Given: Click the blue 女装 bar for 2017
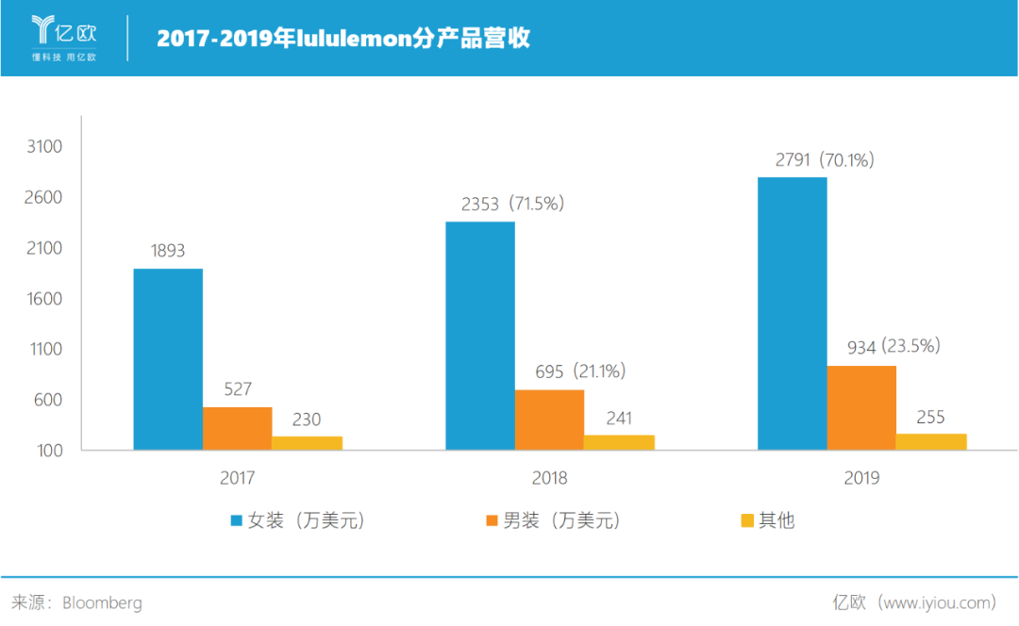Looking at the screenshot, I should point(168,359).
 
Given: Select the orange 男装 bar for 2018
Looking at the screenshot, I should point(549,420).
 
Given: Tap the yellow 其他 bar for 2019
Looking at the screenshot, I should point(931,441).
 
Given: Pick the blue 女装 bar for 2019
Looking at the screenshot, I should point(793,313).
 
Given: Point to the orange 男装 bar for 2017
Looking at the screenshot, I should point(237,428).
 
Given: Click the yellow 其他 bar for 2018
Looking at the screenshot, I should point(619,442).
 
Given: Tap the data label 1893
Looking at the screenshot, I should point(168,251).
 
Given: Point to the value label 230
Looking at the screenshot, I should point(306,420).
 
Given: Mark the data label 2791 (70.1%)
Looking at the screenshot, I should point(825,160).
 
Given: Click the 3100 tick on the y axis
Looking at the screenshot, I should point(45,147).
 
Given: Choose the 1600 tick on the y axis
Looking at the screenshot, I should point(45,299).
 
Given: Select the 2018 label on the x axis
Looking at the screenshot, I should point(549,478).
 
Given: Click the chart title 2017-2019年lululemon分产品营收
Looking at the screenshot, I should point(343,39).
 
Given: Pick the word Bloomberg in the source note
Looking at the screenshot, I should point(102,602).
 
